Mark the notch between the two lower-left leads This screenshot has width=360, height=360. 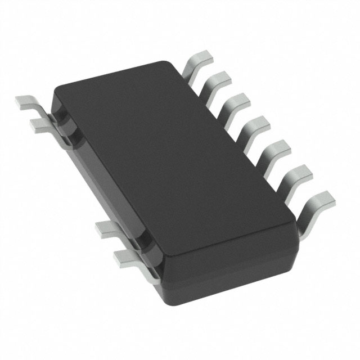click(139, 243)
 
